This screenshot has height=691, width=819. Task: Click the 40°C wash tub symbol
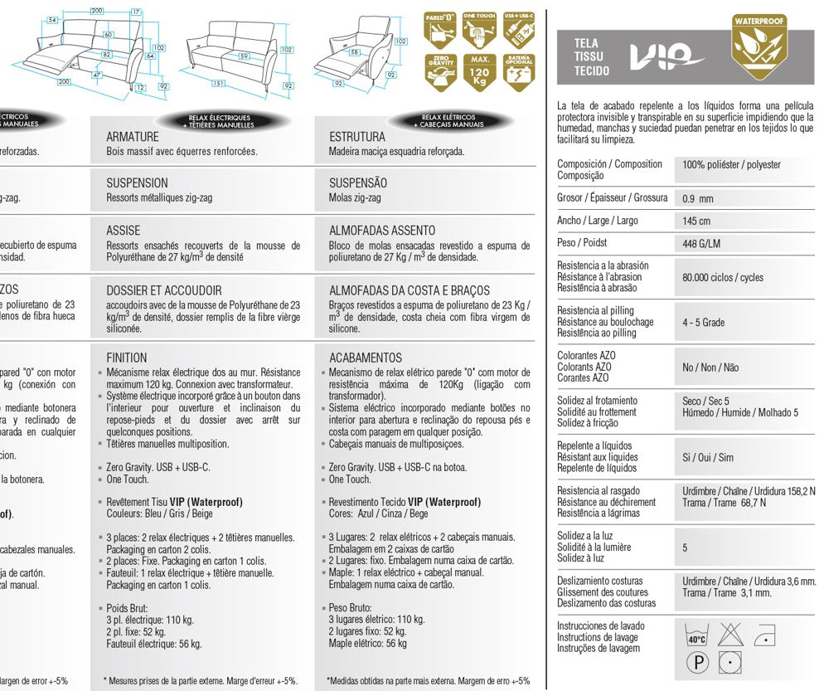click(696, 636)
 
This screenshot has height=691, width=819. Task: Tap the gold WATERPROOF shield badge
click(759, 47)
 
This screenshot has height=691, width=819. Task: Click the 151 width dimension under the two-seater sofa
click(218, 84)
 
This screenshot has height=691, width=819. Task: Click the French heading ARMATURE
click(133, 136)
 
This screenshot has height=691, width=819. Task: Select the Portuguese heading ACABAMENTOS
click(365, 358)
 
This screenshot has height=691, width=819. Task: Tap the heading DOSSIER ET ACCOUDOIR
click(164, 290)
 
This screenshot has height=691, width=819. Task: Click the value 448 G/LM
click(701, 243)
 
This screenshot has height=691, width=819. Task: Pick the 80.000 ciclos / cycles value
click(723, 277)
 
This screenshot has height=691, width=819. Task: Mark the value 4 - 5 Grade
click(703, 322)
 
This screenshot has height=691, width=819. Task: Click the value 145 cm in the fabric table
click(696, 221)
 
